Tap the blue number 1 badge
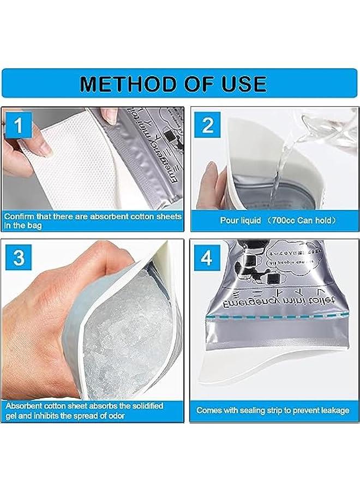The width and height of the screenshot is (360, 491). click(x=19, y=127)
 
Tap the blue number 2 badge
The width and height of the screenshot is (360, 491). click(x=207, y=125)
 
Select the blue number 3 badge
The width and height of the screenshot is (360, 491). click(x=19, y=258)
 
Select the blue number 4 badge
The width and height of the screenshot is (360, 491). click(x=207, y=258)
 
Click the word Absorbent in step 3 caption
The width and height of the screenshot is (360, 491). click(x=26, y=405)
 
